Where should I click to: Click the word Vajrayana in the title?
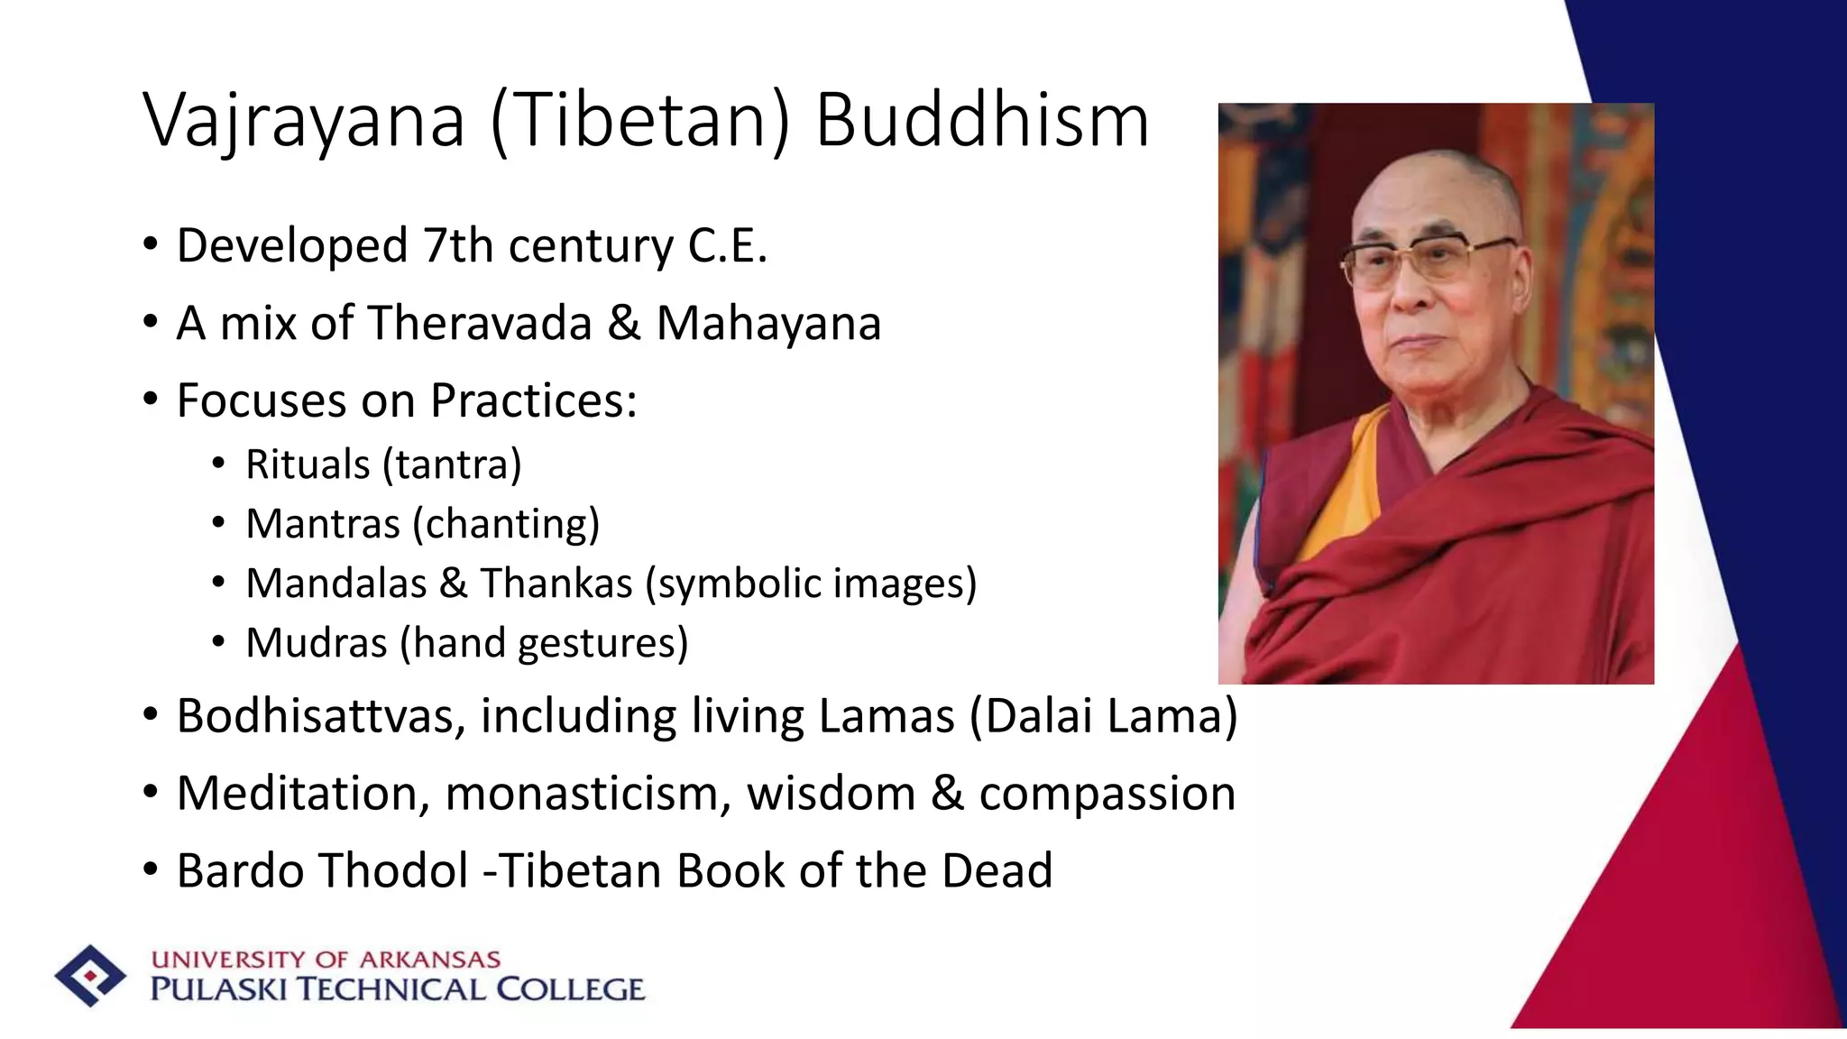(x=304, y=122)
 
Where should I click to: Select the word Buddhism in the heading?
(x=982, y=122)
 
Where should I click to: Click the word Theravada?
(x=479, y=323)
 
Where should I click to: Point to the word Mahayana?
(x=768, y=323)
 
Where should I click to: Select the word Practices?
(x=533, y=400)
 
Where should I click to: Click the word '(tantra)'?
(x=452, y=465)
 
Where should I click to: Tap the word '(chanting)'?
(x=506, y=524)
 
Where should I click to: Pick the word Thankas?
(x=556, y=584)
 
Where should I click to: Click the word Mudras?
(x=316, y=643)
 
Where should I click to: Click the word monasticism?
(x=588, y=794)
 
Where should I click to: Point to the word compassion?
(x=1107, y=794)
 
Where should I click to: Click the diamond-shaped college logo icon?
(x=90, y=976)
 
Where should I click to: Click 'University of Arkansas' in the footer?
(x=326, y=960)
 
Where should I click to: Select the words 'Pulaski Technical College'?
(x=397, y=989)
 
